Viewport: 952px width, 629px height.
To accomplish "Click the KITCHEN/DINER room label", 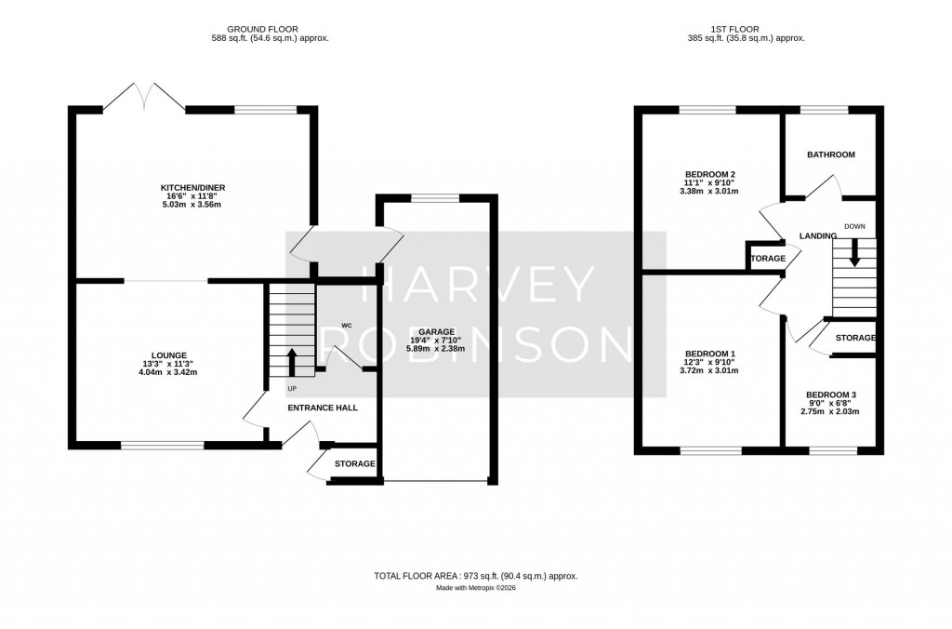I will (x=192, y=188).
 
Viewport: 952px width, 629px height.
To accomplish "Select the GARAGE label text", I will (x=436, y=332).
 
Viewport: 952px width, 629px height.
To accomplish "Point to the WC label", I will (x=346, y=325).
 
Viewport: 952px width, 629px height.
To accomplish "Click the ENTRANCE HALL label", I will (x=322, y=408).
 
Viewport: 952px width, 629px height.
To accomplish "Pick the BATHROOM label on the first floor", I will (x=830, y=154).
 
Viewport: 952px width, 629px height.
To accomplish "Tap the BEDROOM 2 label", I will (x=710, y=174).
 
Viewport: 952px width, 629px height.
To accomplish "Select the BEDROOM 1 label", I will (x=710, y=353).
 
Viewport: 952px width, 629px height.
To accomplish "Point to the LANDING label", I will (x=817, y=236).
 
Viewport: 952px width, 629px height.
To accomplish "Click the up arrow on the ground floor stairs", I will (x=292, y=360).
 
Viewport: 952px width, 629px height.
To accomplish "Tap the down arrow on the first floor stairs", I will (x=854, y=253).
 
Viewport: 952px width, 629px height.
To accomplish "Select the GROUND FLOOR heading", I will (x=270, y=29).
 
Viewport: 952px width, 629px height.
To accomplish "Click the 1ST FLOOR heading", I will (x=745, y=29).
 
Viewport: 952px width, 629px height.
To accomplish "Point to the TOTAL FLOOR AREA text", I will (x=475, y=576).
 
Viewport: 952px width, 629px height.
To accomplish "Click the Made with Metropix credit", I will (x=475, y=588).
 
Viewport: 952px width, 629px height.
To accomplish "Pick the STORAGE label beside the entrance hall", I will (x=354, y=463).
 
